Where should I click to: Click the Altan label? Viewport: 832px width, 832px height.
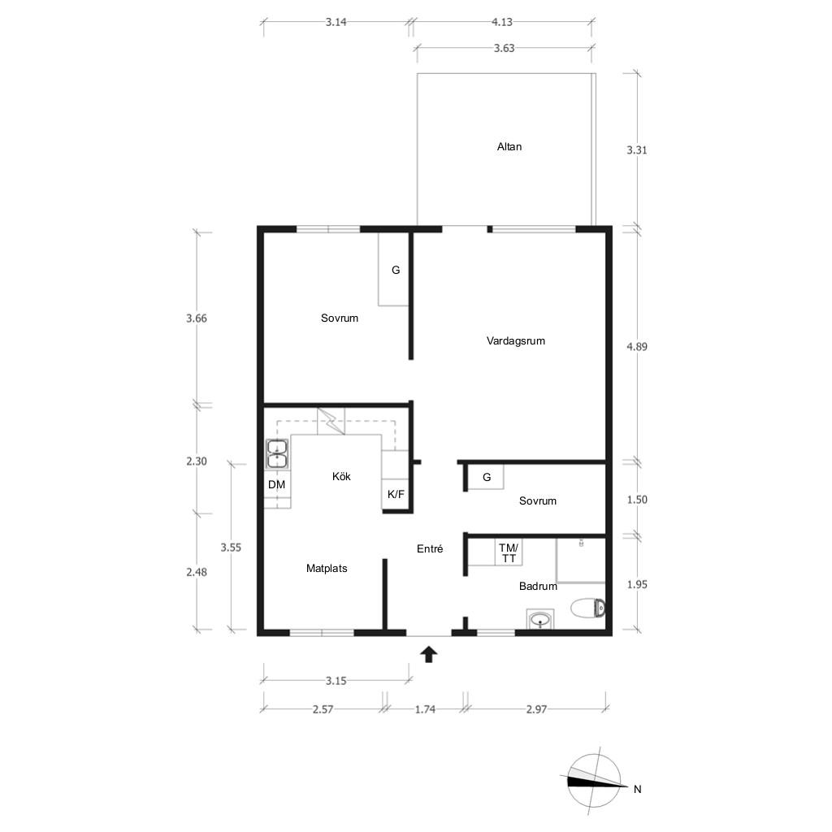pyautogui.click(x=509, y=147)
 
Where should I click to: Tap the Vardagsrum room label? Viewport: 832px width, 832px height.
pyautogui.click(x=516, y=341)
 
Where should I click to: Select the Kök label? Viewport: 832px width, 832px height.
pyautogui.click(x=341, y=476)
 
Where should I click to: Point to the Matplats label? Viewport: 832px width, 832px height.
pyautogui.click(x=327, y=568)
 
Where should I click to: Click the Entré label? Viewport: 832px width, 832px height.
pyautogui.click(x=430, y=548)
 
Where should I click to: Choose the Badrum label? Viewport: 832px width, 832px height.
pyautogui.click(x=538, y=587)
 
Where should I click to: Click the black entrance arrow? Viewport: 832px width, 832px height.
pyautogui.click(x=429, y=655)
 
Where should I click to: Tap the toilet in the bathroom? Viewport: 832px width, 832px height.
pyautogui.click(x=588, y=608)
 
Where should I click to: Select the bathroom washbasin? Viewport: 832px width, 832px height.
pyautogui.click(x=540, y=619)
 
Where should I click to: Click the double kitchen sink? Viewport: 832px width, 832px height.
pyautogui.click(x=277, y=454)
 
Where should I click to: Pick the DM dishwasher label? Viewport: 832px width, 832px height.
pyautogui.click(x=276, y=484)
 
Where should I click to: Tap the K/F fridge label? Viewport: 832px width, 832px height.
pyautogui.click(x=396, y=495)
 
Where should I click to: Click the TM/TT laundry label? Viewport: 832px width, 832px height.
pyautogui.click(x=509, y=552)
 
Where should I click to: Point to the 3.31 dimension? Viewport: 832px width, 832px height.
pyautogui.click(x=637, y=150)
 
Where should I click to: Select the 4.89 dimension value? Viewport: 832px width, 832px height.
pyautogui.click(x=637, y=346)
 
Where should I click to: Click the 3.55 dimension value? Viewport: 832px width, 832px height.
pyautogui.click(x=231, y=548)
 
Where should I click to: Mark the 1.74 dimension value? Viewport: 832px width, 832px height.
pyautogui.click(x=425, y=709)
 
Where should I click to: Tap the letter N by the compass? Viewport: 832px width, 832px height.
pyautogui.click(x=637, y=790)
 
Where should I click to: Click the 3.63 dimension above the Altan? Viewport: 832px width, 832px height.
pyautogui.click(x=504, y=48)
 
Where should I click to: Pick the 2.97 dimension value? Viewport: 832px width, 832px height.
pyautogui.click(x=536, y=709)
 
